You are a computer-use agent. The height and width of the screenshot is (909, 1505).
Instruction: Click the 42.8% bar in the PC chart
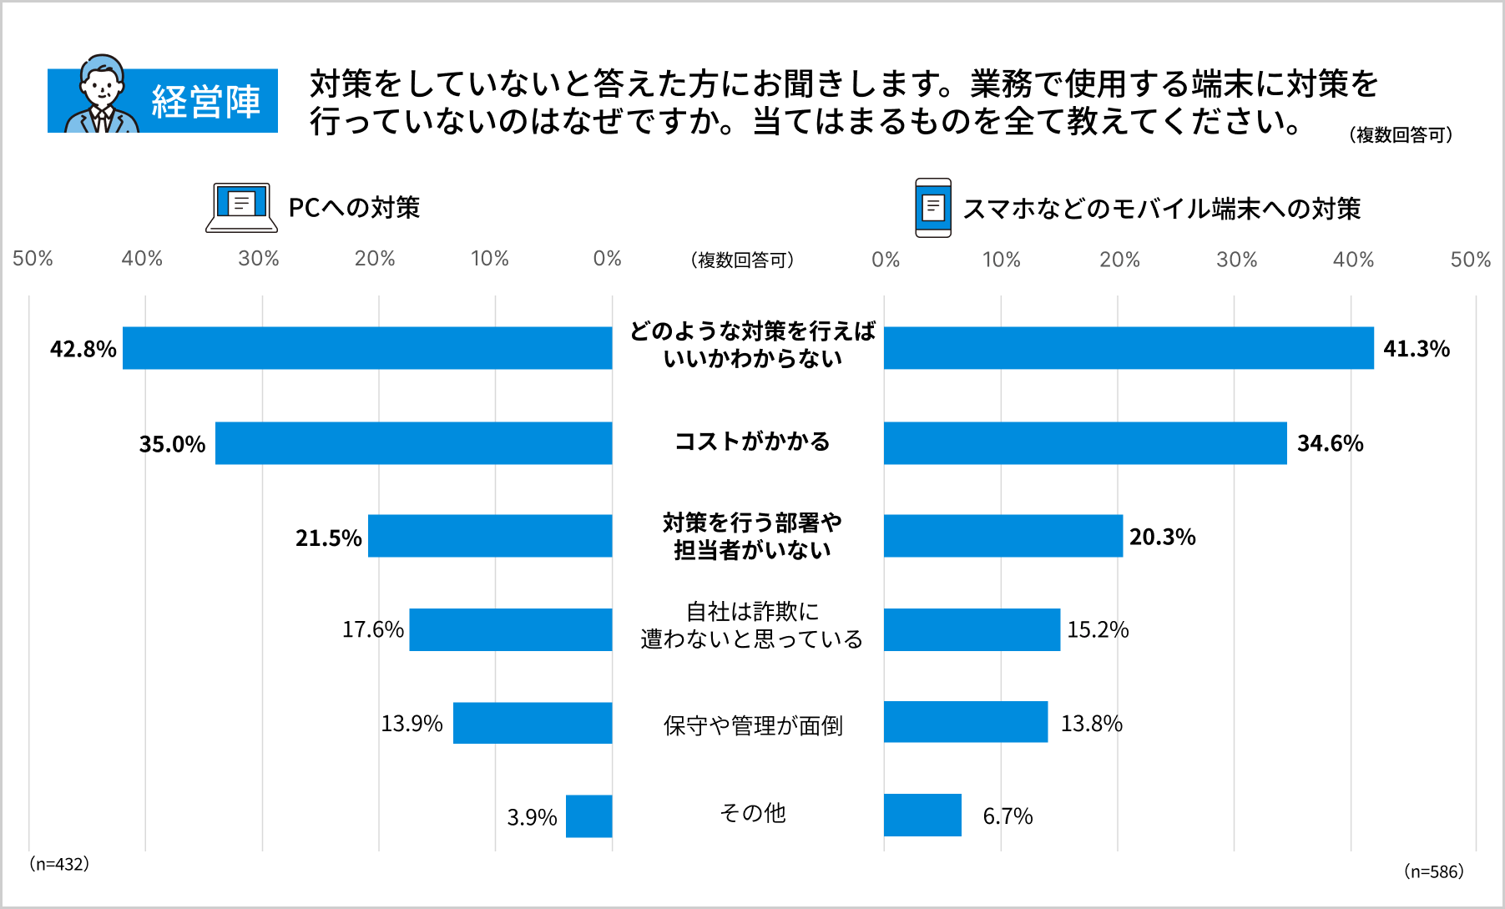point(367,348)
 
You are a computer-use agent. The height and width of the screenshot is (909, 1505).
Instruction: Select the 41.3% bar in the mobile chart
point(1129,348)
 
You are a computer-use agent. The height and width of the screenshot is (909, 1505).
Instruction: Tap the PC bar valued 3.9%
point(588,816)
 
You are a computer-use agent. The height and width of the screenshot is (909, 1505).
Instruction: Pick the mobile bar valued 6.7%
point(922,815)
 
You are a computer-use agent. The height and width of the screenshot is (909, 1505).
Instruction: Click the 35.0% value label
point(172,444)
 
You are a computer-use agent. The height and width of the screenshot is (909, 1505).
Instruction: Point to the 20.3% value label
point(1162,537)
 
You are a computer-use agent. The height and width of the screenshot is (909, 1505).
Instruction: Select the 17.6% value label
point(372,629)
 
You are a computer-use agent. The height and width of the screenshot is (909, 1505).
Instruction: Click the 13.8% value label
point(1091,723)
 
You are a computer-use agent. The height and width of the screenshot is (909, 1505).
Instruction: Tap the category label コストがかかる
point(752,442)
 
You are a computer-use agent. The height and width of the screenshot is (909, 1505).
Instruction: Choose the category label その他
point(752,813)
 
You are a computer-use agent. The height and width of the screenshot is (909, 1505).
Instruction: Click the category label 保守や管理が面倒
point(752,725)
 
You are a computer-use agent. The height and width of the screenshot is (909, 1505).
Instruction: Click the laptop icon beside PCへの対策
point(241,207)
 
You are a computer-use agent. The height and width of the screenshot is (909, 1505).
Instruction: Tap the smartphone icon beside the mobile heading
point(932,207)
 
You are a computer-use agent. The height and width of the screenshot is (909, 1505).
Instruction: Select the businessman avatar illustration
point(102,96)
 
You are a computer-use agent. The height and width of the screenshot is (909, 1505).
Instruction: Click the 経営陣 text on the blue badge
point(205,102)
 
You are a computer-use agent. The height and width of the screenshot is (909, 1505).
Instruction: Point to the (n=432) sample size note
point(59,864)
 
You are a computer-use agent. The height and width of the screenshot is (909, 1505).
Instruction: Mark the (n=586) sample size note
point(1433,871)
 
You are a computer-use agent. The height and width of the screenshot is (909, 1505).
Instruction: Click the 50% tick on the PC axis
point(33,259)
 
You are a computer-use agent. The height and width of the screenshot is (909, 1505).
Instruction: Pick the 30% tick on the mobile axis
point(1236,260)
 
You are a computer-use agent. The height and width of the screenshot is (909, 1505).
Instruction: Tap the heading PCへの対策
point(354,207)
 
